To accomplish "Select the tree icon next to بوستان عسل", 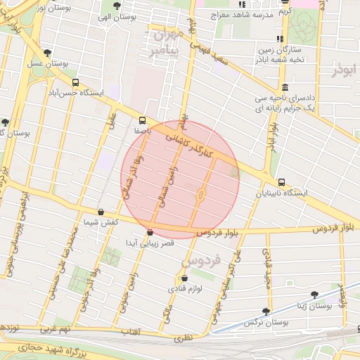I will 48,53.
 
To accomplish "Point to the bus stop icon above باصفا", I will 143,120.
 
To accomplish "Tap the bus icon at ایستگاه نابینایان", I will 281,182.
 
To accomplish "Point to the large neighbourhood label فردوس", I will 200,260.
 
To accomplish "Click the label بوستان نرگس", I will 267,321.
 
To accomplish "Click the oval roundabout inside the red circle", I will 200,193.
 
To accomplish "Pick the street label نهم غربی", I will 56,328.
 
